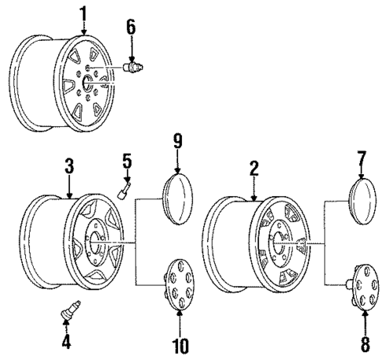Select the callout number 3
(x=69, y=166)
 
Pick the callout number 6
(x=131, y=27)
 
